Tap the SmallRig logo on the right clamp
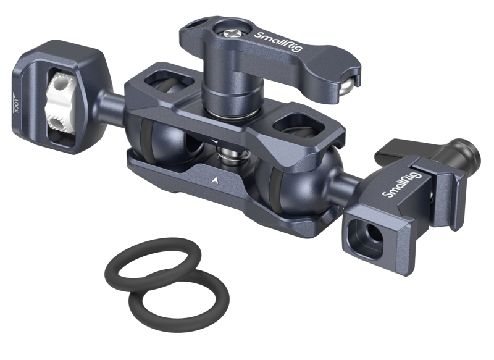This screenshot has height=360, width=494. pos(401,185)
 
